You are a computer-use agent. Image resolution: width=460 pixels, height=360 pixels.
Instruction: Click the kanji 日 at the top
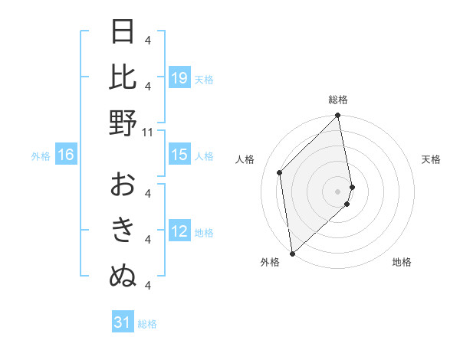(123, 33)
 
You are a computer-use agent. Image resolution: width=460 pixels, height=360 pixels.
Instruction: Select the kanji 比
(123, 78)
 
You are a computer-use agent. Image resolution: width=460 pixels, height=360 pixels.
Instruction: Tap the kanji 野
(123, 123)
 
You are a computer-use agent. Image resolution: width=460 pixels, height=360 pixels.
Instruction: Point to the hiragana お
(123, 185)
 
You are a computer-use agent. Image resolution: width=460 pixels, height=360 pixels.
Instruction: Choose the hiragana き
(123, 231)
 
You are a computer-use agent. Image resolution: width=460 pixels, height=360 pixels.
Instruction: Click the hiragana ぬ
(123, 276)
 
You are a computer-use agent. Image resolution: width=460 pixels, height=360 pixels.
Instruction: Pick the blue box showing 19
(179, 78)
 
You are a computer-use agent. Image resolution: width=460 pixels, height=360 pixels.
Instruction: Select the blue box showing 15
(179, 155)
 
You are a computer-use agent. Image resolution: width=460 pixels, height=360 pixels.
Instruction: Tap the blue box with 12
(179, 231)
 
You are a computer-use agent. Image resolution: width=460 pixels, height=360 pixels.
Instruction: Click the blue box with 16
(66, 155)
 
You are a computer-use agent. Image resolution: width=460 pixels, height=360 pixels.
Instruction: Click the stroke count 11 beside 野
(148, 132)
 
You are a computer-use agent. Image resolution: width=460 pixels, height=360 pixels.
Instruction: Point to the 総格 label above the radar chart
(338, 100)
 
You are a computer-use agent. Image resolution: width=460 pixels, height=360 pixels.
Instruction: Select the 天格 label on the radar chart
(432, 159)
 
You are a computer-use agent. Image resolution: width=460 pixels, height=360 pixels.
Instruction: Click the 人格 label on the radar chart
(245, 159)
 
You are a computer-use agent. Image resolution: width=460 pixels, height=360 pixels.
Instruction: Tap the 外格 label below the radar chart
(270, 262)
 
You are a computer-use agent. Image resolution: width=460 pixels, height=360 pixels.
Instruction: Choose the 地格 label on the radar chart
(402, 262)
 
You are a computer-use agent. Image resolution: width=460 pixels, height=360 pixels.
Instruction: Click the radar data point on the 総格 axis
(338, 116)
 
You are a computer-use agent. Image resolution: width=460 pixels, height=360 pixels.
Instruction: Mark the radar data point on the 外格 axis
(292, 253)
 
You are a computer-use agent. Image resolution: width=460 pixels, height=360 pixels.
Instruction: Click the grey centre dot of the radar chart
(338, 191)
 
